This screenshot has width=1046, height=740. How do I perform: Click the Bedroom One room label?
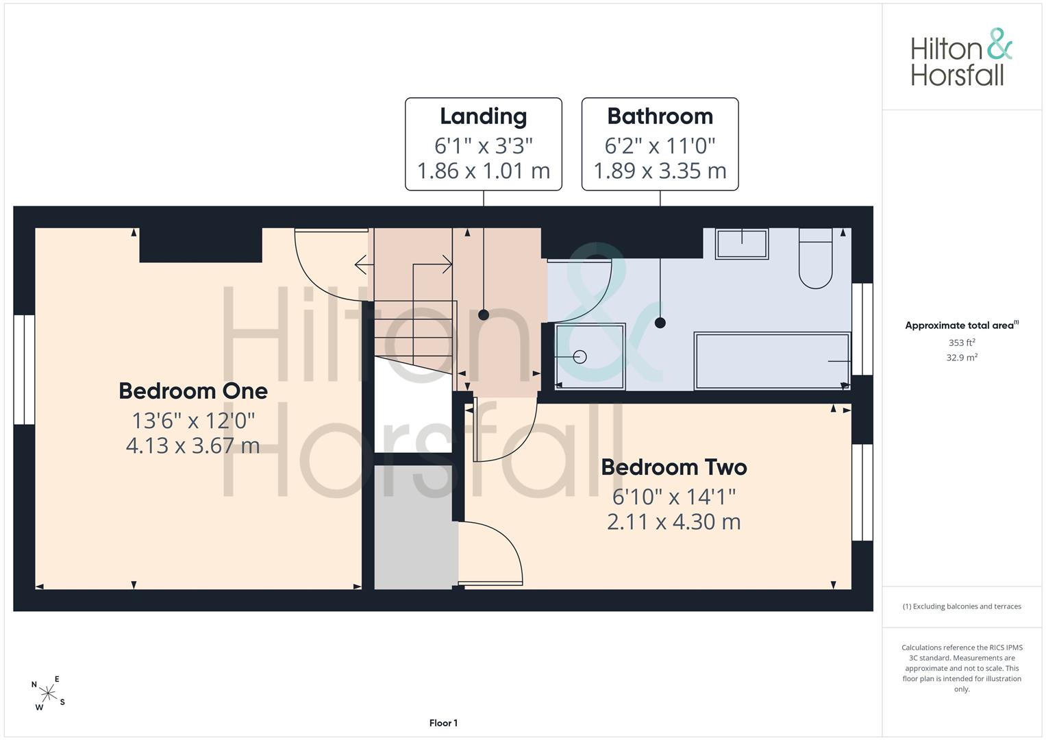tap(193, 391)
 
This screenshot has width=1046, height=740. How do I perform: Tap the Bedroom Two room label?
tap(674, 467)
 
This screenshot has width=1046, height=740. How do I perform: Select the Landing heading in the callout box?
tap(484, 117)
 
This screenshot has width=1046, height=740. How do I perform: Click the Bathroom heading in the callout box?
tap(660, 116)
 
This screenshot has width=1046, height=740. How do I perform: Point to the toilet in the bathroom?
tap(815, 258)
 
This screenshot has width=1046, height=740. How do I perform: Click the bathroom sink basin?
tap(742, 243)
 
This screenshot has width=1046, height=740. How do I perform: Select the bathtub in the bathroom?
tap(772, 360)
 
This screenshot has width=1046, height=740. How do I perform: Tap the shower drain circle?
tap(580, 357)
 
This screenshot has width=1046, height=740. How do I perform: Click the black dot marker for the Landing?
tap(484, 315)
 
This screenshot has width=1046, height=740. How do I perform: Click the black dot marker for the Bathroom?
tap(660, 322)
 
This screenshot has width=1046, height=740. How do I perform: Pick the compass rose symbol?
tap(48, 693)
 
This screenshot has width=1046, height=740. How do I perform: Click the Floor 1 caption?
tap(443, 723)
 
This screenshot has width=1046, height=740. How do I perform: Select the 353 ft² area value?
tap(962, 343)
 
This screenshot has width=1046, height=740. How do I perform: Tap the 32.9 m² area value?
tap(962, 358)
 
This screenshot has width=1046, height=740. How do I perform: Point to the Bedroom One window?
tap(24, 369)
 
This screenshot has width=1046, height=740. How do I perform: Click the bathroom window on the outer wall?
tap(862, 329)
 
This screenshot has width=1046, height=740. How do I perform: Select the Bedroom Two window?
tap(862, 493)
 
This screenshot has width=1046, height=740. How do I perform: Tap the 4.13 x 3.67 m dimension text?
tap(193, 445)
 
